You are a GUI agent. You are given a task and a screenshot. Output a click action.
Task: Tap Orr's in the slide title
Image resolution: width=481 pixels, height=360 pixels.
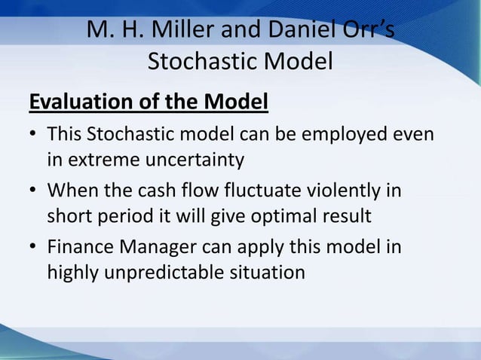coord(365,30)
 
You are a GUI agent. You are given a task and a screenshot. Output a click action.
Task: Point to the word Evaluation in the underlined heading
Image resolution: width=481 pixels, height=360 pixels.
coord(76,100)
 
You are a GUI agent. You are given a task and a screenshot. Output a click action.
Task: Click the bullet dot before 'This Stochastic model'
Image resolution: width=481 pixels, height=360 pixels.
coord(33,138)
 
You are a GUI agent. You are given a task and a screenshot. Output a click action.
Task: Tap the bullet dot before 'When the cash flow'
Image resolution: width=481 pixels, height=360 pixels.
coord(33,192)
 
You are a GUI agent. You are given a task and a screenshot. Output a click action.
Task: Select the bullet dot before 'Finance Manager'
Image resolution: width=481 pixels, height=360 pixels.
coord(33,247)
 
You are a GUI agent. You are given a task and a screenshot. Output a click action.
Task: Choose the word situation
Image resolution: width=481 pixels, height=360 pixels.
coord(268,272)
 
